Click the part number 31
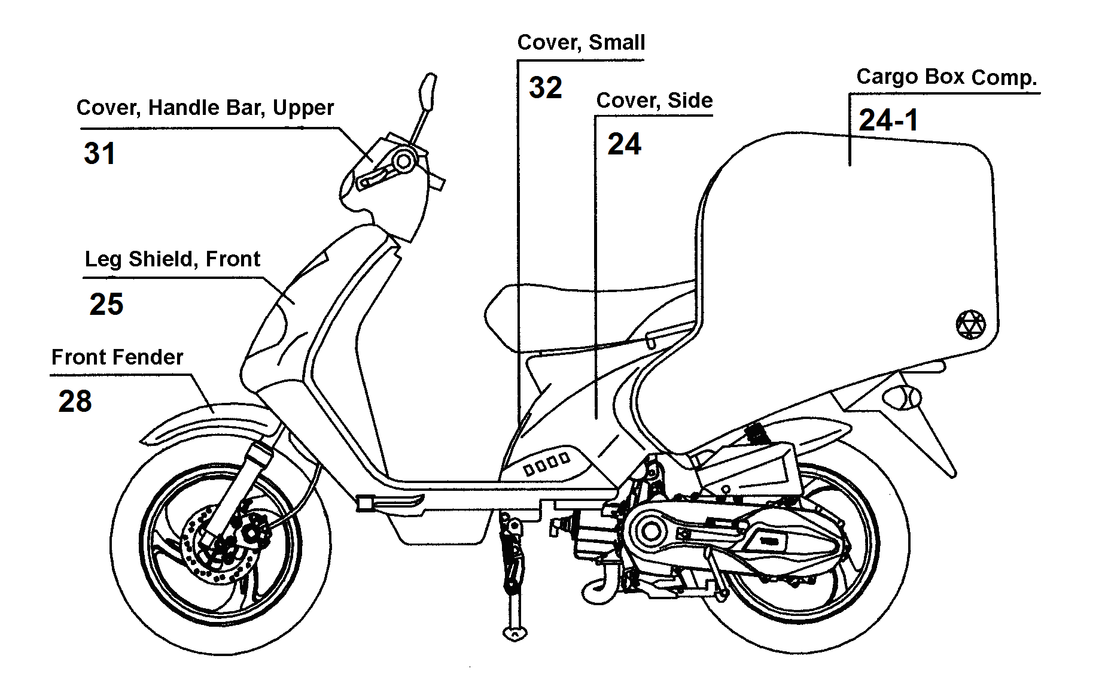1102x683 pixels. [99, 153]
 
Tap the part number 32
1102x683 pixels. [545, 88]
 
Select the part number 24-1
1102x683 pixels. [888, 120]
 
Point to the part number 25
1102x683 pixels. [106, 304]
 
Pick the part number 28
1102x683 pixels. [75, 401]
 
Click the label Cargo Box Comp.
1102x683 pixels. [946, 77]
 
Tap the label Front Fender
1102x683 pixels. [117, 357]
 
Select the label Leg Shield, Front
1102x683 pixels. [172, 259]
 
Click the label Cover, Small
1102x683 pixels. [581, 43]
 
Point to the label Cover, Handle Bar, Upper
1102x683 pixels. [205, 108]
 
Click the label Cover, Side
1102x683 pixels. [654, 101]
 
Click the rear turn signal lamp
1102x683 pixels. [906, 397]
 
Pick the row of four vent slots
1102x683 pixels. [547, 464]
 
